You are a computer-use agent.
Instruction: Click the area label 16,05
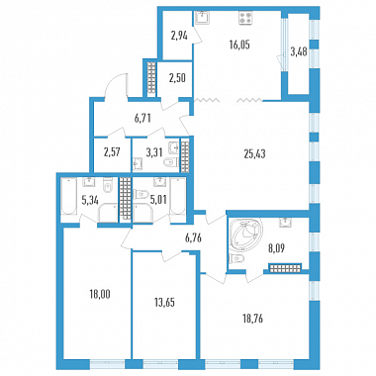[239, 45]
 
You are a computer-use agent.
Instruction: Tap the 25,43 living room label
[254, 153]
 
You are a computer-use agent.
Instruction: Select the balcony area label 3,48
[299, 51]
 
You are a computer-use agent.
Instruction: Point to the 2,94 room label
[179, 36]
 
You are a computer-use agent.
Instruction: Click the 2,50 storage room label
[178, 78]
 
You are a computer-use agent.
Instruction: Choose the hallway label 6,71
[142, 118]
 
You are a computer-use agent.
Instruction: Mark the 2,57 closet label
[111, 152]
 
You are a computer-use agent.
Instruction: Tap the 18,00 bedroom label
[100, 293]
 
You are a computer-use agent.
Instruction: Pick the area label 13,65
[164, 302]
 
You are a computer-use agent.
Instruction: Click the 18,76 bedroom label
[252, 319]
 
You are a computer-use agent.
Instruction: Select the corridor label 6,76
[194, 237]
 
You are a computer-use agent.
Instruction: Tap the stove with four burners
[245, 18]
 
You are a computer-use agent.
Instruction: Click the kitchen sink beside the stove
[202, 18]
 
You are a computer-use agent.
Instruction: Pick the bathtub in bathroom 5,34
[68, 196]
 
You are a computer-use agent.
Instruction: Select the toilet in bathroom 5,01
[141, 194]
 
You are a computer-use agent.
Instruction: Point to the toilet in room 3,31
[171, 161]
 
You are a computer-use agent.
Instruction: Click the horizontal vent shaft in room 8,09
[286, 268]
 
